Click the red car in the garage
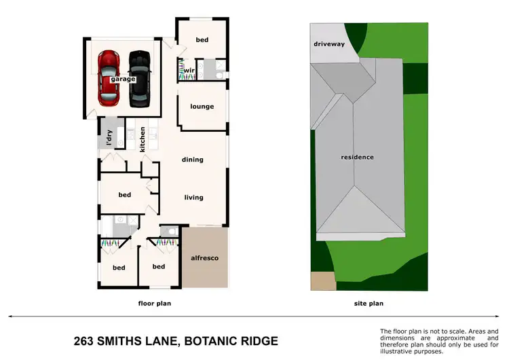pyautogui.click(x=109, y=78)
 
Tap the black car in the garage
pyautogui.click(x=139, y=78)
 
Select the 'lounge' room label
pyautogui.click(x=202, y=107)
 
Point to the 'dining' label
pyautogui.click(x=193, y=160)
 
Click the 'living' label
pyautogui.click(x=194, y=198)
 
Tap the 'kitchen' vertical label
pyautogui.click(x=143, y=139)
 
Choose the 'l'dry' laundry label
pyautogui.click(x=109, y=138)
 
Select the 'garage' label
pyautogui.click(x=124, y=79)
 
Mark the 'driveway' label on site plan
pyautogui.click(x=329, y=44)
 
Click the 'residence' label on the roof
pyautogui.click(x=357, y=157)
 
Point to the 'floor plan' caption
pyautogui.click(x=154, y=304)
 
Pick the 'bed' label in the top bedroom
pyautogui.click(x=202, y=40)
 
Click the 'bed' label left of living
pyautogui.click(x=124, y=195)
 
